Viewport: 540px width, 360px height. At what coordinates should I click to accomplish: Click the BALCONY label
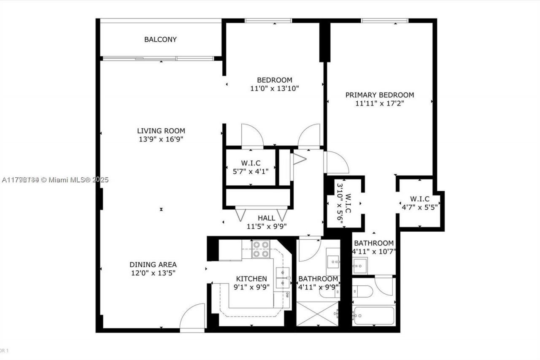click(160, 40)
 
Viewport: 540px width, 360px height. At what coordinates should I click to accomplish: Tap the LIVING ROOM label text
click(161, 131)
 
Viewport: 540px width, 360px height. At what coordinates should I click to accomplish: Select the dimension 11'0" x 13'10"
click(275, 88)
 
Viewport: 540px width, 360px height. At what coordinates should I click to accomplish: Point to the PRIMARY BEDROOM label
click(380, 95)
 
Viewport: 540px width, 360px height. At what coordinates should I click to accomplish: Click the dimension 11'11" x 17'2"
click(380, 103)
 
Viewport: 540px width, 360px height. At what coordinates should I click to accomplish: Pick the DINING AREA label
click(153, 265)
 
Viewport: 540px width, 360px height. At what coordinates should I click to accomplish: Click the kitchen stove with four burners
click(261, 249)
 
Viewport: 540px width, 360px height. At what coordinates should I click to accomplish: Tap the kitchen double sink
click(283, 278)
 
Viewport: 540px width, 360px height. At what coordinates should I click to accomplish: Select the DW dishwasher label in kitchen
click(287, 295)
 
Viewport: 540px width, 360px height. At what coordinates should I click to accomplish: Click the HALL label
click(267, 218)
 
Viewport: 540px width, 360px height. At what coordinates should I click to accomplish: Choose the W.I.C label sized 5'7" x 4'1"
click(251, 163)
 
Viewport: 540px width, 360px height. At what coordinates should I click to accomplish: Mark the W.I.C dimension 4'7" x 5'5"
click(420, 207)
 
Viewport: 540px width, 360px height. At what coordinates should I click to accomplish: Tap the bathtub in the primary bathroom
click(374, 316)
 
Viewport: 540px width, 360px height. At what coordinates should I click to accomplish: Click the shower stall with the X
click(317, 314)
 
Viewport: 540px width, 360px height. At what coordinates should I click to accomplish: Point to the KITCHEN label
click(251, 279)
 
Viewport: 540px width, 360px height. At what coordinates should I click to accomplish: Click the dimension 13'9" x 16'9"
click(161, 139)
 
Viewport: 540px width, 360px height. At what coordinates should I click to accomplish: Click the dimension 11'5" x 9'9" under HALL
click(267, 226)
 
